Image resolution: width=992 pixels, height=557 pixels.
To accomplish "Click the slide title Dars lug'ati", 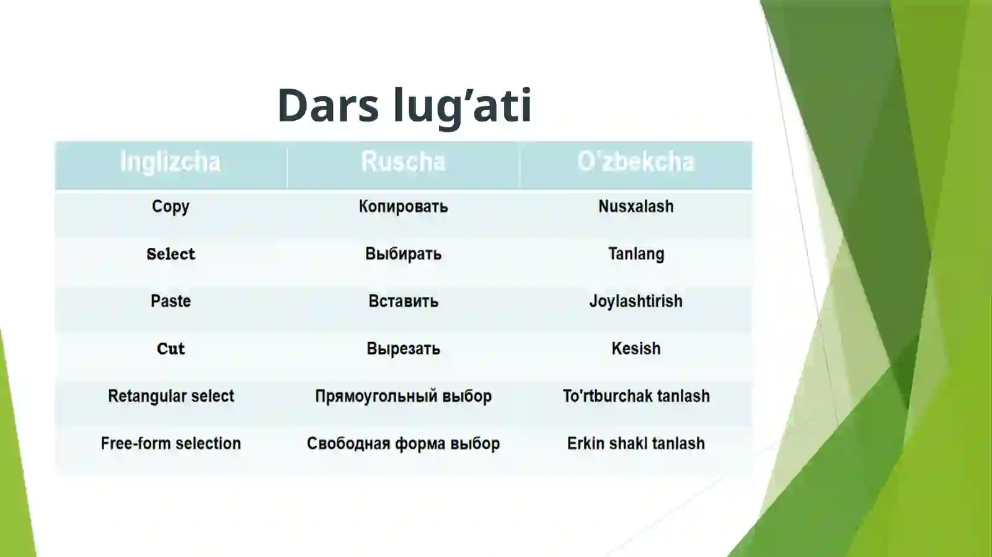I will point(404,105).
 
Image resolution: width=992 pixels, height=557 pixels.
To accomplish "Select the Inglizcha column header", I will point(170,162).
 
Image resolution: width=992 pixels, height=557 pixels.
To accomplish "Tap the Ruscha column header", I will point(403,162).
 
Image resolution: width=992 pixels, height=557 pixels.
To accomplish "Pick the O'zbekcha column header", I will point(635,162).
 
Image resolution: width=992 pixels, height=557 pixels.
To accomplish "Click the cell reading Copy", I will point(170,206).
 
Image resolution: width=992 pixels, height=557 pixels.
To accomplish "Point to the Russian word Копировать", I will point(403,206).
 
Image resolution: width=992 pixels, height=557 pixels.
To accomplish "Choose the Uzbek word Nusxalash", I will point(635,206).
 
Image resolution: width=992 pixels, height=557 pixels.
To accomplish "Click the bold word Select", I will point(170,254).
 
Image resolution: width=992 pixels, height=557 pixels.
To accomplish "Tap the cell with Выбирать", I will point(403,254).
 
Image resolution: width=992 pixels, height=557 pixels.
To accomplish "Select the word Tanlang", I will point(635,254).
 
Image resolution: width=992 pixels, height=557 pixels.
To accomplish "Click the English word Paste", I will point(170,301).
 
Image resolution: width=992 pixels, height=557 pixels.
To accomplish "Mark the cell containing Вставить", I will point(403,301).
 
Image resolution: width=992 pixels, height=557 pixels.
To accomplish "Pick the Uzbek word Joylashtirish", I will point(635,301).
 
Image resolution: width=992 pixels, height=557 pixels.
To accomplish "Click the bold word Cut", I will point(170,349).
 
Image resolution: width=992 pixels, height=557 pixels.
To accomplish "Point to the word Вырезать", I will point(403,349).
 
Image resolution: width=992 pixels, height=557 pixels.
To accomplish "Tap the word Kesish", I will point(635,349).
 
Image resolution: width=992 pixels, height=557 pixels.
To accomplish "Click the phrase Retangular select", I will point(170,396).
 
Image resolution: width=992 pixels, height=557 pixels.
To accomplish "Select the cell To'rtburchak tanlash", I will point(635,396).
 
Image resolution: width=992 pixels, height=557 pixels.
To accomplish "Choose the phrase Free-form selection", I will point(170,444).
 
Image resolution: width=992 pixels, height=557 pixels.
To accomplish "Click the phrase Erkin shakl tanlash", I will point(635,444).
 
